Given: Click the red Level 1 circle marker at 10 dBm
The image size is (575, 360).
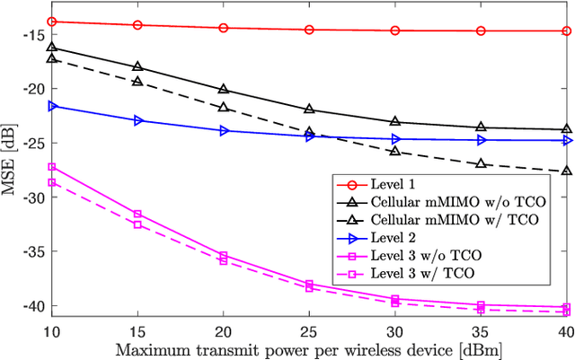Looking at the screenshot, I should coord(51,22).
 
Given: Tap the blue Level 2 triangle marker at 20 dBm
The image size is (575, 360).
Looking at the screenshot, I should coord(224,130).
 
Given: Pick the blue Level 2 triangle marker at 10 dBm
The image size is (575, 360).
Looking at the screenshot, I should coord(51,106).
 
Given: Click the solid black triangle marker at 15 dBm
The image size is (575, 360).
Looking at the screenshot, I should coord(137,66).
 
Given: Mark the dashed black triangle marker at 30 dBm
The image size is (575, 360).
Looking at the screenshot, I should coord(395,152).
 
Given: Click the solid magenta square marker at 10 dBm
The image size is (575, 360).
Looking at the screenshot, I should coord(51,167).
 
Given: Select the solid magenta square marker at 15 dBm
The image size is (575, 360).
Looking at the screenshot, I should coord(137,214).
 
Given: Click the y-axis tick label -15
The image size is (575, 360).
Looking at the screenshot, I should coord(33,34).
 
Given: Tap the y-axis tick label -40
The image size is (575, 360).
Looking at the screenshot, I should coord(33,306).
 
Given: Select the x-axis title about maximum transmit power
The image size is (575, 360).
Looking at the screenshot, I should coord(309,347).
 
